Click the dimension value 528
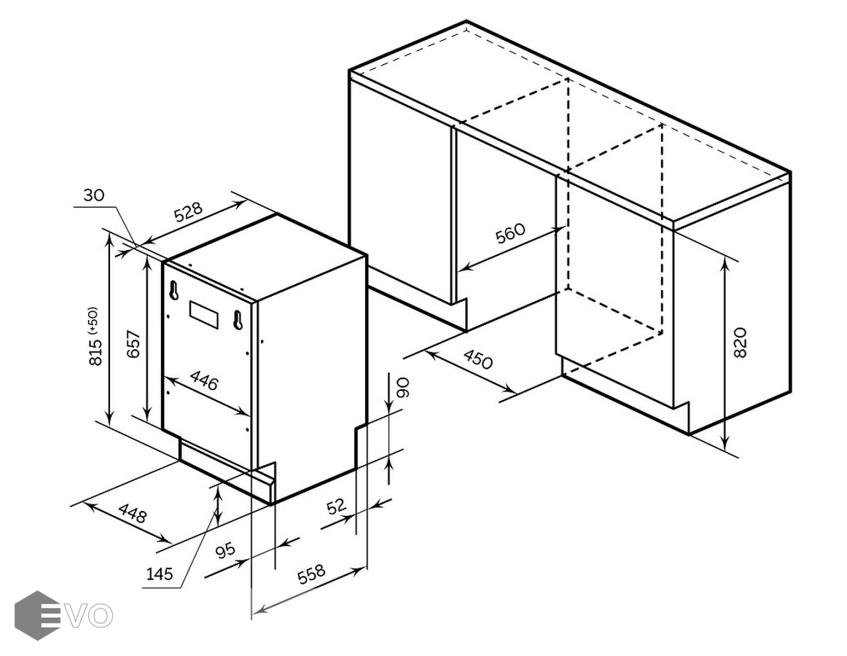[x=187, y=212]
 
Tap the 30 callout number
[x=93, y=195]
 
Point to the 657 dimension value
[x=133, y=343]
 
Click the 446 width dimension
[x=204, y=380]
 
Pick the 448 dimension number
[x=133, y=513]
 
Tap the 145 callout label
[x=160, y=574]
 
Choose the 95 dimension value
[x=225, y=550]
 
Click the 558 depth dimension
[x=312, y=574]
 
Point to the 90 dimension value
[x=404, y=387]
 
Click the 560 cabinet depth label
[x=510, y=233]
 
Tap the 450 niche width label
[x=478, y=359]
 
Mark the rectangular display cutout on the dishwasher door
[x=204, y=314]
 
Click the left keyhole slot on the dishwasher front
[x=174, y=289]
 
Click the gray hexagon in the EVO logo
[x=37, y=615]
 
